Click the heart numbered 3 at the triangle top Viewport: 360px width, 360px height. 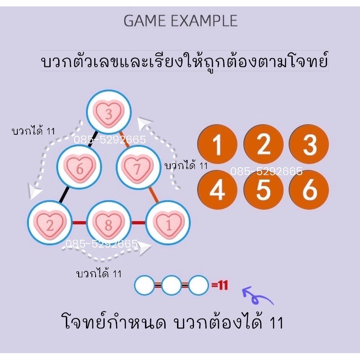tap(109, 112)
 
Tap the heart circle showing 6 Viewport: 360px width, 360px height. tap(79, 167)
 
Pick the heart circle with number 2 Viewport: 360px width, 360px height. tap(50, 223)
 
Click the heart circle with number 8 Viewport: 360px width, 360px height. tap(109, 223)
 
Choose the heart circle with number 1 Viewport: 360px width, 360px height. tap(168, 223)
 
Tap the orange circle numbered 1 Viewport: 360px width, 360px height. tap(217, 145)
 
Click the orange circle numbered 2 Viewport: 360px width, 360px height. tap(263, 145)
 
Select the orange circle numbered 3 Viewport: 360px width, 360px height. tap(309, 145)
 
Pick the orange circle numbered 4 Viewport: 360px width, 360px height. tap(217, 190)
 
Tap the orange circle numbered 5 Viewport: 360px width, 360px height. tap(263, 190)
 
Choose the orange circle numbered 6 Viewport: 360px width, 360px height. tap(309, 190)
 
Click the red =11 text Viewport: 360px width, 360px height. tap(220, 285)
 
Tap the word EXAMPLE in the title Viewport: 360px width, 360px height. tap(204, 21)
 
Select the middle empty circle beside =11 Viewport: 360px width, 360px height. tap(171, 285)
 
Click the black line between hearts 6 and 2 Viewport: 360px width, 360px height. tap(64, 195)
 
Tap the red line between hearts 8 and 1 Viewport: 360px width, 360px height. tap(139, 222)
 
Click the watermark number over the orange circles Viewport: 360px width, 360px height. tap(266, 171)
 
